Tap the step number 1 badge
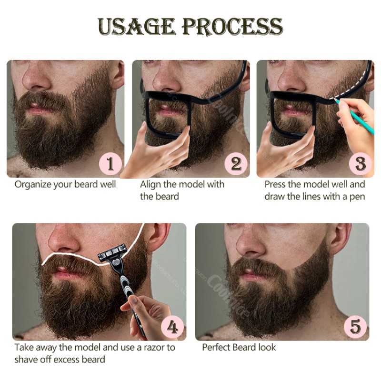tap(110, 164)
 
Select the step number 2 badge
tap(236, 164)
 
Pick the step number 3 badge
tap(361, 164)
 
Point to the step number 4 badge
tap(172, 327)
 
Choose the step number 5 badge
tap(355, 327)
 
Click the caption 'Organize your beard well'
tap(65, 184)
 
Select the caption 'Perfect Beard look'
tap(239, 347)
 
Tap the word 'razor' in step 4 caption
tap(151, 347)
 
